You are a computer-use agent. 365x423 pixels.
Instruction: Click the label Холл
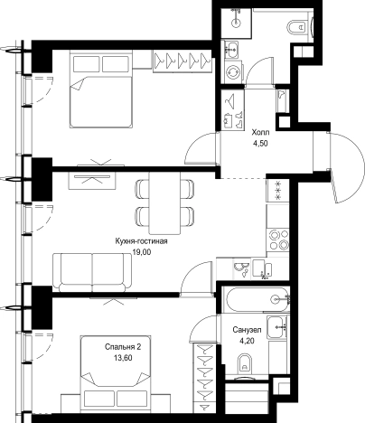coord(260,133)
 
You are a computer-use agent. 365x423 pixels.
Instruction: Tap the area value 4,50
coord(260,144)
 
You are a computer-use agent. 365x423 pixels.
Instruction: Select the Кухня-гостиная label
coord(141,241)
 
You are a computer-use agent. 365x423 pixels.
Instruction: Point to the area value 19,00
coord(142,252)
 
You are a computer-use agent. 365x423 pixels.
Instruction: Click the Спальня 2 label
coord(123,347)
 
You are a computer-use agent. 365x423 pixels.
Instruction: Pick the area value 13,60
coord(123,358)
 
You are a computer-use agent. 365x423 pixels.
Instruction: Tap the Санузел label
coord(247,330)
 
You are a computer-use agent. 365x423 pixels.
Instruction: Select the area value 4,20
coord(247,341)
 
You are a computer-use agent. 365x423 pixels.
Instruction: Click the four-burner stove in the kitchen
coord(277,240)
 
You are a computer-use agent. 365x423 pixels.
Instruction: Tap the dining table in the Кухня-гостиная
coord(165,202)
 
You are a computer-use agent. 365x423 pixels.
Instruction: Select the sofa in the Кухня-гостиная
coord(93,272)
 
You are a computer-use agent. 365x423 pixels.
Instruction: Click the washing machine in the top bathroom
coord(233,72)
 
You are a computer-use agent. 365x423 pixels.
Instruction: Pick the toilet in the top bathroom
coord(296,27)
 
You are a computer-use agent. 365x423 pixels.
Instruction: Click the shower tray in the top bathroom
coord(236,23)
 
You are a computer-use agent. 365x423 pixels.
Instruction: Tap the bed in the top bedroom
coord(101,89)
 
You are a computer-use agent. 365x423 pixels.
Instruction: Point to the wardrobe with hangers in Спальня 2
coord(204,378)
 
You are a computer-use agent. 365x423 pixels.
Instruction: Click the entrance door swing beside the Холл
coord(346,167)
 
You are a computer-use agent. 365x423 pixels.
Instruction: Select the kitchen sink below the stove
coord(263,268)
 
